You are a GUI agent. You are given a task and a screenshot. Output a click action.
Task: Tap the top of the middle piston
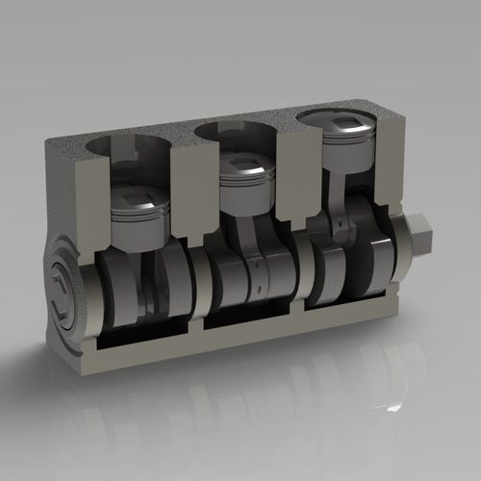pyautogui.click(x=248, y=164)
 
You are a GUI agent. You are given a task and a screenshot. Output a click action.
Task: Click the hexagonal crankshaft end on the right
pyautogui.click(x=422, y=234)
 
